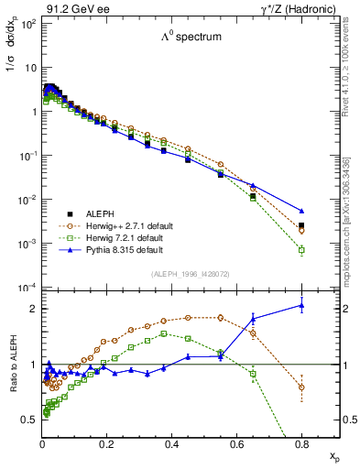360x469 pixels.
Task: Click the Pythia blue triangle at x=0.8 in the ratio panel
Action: coord(301,306)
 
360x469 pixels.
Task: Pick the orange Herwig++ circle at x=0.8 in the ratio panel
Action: coord(301,387)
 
